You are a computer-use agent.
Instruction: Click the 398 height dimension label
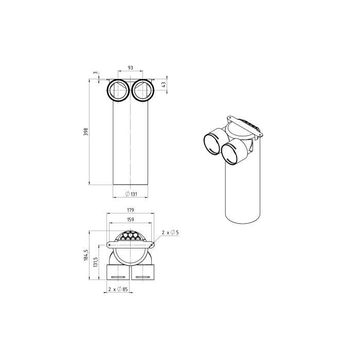[86, 132]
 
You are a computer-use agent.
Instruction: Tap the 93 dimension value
[130, 68]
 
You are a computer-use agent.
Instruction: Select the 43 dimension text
[164, 85]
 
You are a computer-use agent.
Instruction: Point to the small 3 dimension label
[95, 73]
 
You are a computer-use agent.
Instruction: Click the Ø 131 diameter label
[131, 194]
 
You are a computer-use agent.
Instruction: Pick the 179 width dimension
[130, 210]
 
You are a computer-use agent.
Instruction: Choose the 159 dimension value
[130, 220]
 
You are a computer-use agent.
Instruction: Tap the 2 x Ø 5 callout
[170, 232]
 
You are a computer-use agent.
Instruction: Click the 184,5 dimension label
[86, 255]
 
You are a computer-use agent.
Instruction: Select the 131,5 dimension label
[96, 262]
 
